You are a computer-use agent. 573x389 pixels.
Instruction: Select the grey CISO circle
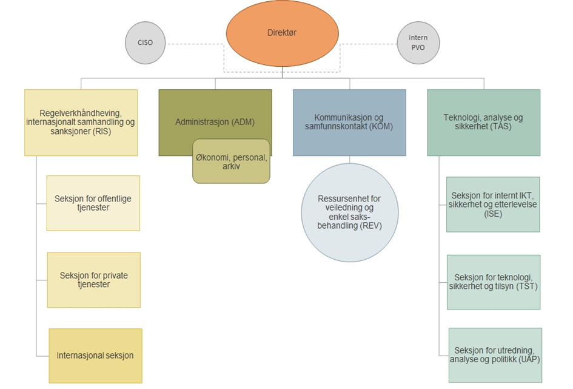click(x=146, y=43)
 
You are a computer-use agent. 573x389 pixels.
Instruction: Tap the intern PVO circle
click(x=418, y=43)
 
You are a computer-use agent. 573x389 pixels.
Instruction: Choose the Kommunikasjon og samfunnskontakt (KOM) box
click(x=349, y=123)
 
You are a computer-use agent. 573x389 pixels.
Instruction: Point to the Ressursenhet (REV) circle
click(x=349, y=212)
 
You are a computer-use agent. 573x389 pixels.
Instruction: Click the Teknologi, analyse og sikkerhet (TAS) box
click(x=483, y=123)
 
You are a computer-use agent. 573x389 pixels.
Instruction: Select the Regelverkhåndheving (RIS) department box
click(x=81, y=123)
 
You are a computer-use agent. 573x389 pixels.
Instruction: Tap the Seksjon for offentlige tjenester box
click(x=93, y=203)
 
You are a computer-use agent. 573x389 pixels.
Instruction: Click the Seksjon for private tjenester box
click(x=93, y=280)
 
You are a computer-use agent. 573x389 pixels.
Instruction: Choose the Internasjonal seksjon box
click(x=95, y=356)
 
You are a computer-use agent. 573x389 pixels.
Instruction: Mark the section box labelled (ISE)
click(x=493, y=205)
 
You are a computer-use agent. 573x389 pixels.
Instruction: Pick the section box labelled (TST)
click(x=493, y=282)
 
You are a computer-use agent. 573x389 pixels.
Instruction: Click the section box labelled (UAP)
click(x=495, y=355)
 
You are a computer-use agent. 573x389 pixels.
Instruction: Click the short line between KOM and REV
click(x=349, y=160)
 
